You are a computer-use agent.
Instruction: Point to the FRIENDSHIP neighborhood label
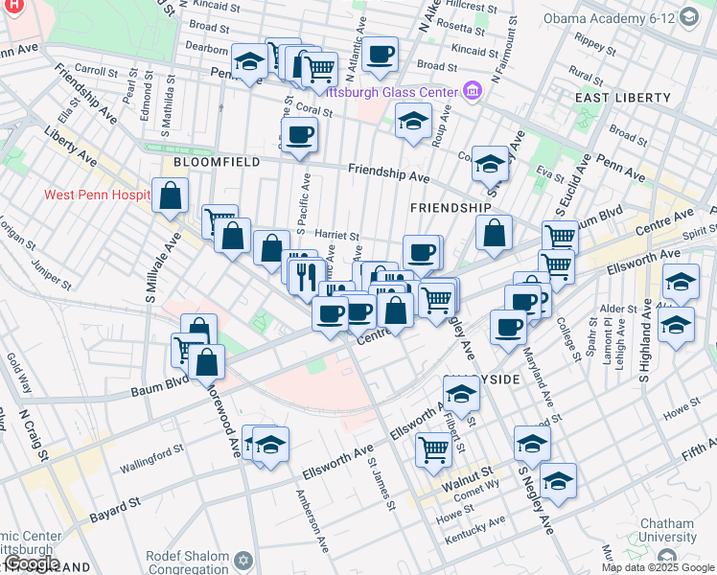coord(451,207)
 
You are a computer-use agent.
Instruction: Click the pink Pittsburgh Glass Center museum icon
coord(471,92)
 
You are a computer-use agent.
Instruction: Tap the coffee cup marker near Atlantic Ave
coord(380,55)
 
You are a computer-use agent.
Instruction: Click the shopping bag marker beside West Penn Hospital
coord(170,196)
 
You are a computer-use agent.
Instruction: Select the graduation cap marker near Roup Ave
coord(413,121)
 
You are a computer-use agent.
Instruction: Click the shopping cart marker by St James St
coord(434,447)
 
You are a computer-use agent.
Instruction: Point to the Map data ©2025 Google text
coord(658,567)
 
